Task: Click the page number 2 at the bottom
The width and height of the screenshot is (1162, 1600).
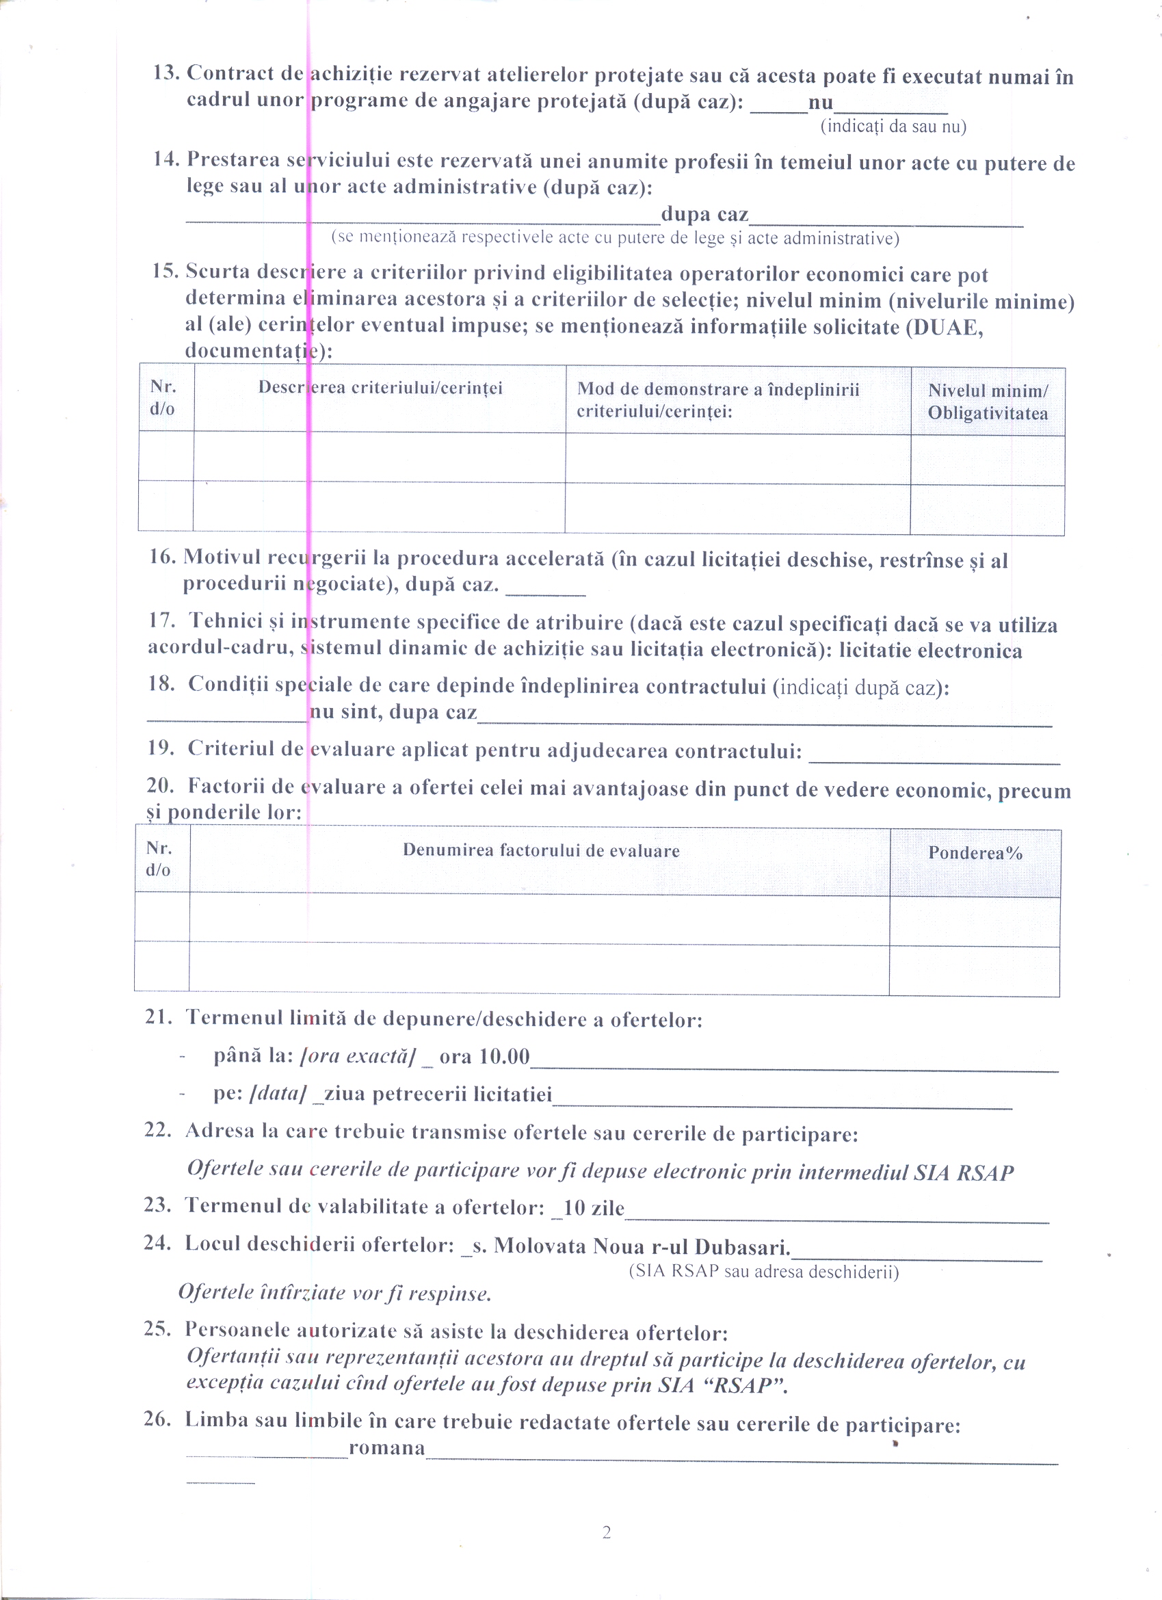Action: pos(606,1532)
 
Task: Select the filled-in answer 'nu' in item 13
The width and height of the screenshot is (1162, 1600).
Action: pos(821,103)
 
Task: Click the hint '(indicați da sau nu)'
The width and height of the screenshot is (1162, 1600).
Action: pos(893,127)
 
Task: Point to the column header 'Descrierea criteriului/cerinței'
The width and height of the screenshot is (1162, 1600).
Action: pos(380,387)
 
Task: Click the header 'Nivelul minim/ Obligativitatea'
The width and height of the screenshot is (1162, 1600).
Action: pos(987,402)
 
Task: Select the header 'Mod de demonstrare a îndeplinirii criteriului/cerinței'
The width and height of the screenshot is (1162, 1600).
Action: pos(717,400)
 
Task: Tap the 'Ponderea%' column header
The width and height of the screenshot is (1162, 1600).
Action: pos(975,853)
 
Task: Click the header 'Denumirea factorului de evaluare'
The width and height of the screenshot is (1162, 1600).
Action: pos(540,851)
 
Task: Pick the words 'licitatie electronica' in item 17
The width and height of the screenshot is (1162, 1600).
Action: pos(930,651)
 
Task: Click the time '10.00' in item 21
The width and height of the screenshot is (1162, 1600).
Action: pos(504,1056)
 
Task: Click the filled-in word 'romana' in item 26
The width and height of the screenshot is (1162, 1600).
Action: pos(386,1448)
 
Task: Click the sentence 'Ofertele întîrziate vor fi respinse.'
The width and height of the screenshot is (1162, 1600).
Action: pos(334,1292)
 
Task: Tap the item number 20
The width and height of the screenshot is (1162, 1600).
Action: pos(159,785)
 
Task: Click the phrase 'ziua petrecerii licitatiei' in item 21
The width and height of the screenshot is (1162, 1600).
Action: pos(438,1094)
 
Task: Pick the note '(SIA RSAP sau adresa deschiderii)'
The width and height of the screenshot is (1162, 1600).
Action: pos(763,1271)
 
